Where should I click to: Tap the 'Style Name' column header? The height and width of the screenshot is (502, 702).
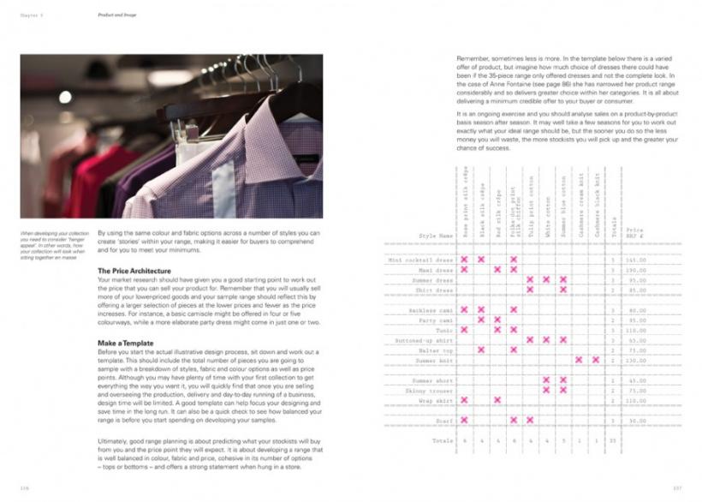(435, 235)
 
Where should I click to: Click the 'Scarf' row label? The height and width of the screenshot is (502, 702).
(444, 421)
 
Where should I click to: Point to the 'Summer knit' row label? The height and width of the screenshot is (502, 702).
(434, 360)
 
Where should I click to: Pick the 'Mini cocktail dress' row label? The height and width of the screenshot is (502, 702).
(420, 259)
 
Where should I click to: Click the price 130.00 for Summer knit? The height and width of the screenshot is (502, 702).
(634, 360)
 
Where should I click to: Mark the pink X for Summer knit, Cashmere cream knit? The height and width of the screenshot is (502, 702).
(579, 360)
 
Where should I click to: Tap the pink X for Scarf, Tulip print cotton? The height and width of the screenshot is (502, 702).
(529, 421)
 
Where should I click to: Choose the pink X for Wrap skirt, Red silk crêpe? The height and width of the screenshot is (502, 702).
(497, 400)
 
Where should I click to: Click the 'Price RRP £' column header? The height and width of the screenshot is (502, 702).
(634, 232)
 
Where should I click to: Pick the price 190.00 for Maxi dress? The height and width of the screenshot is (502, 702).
(634, 269)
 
